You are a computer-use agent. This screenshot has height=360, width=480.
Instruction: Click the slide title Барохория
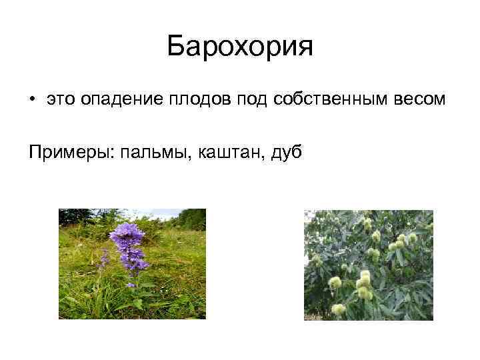tap(239, 47)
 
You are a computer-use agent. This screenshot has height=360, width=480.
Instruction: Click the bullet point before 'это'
tap(32, 99)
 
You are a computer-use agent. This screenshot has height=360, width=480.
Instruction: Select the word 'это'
tap(61, 99)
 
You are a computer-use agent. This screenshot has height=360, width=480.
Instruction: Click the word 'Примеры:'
tap(71, 152)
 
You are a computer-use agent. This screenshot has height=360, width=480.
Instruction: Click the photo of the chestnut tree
tap(368, 265)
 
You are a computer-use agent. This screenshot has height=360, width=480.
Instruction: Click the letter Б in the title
tap(177, 47)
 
